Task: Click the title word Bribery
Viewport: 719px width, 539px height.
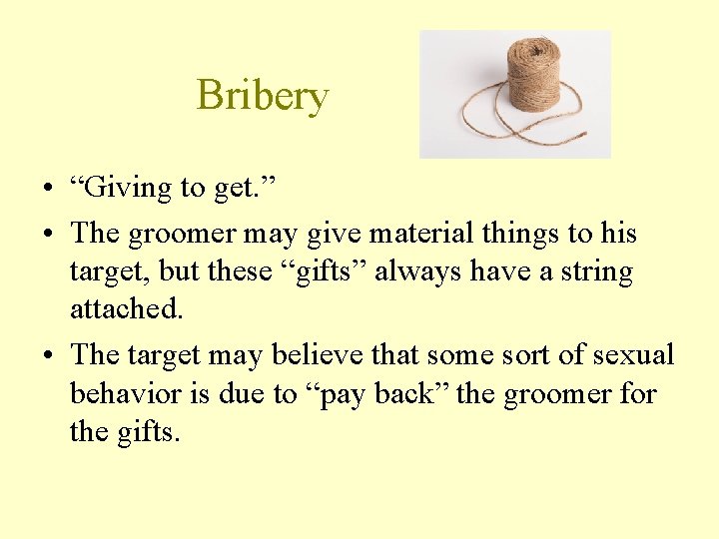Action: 263,96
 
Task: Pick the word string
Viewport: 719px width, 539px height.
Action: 587,271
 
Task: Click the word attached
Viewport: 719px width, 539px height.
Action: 126,308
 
